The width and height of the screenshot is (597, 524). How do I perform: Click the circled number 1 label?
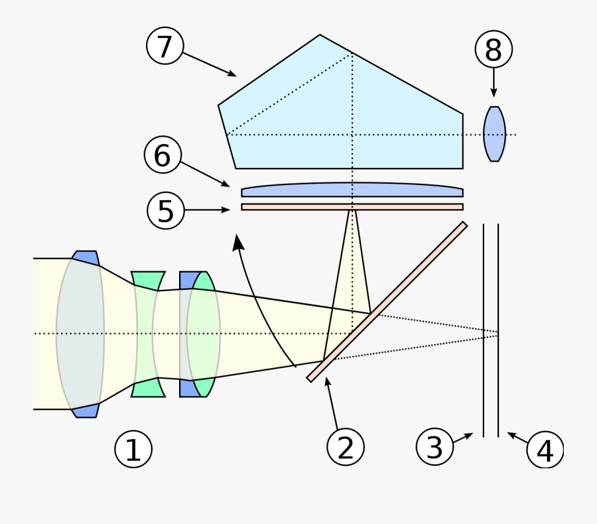(x=133, y=449)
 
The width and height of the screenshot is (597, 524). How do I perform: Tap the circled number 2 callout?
(x=346, y=446)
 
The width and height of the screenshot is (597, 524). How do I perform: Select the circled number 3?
(x=434, y=446)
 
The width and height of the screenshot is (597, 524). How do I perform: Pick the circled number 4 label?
(x=545, y=450)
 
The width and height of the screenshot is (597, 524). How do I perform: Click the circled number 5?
(x=166, y=210)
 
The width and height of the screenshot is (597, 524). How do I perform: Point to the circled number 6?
(x=163, y=155)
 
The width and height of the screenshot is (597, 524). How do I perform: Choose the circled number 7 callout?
(x=165, y=46)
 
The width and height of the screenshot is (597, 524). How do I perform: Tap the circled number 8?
(x=494, y=49)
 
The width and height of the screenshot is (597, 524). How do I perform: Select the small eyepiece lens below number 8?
(x=494, y=134)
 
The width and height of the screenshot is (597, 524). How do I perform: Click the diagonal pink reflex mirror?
(x=387, y=302)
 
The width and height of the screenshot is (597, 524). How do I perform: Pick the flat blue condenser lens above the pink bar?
(x=352, y=190)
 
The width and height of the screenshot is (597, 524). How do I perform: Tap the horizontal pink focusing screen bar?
(x=352, y=207)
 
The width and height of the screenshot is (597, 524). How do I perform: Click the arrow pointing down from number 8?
(x=494, y=83)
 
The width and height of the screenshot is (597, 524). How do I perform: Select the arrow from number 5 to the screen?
(x=207, y=210)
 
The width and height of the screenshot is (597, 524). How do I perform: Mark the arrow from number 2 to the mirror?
(x=331, y=403)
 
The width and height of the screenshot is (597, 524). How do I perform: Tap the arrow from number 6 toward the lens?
(x=205, y=174)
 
